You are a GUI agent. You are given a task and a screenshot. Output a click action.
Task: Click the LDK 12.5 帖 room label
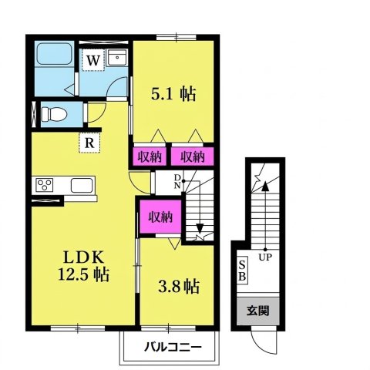point(85,264)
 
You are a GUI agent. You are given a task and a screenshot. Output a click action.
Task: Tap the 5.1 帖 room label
point(172,94)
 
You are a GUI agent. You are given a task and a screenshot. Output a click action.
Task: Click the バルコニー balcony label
point(173,347)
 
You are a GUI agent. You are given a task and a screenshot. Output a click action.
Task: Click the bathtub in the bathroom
point(53,57)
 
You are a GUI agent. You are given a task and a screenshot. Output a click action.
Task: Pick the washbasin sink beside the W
point(117,59)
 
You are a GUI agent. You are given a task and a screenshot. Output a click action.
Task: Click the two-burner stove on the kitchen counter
point(43,186)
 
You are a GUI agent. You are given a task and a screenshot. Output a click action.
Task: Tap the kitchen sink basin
point(81,186)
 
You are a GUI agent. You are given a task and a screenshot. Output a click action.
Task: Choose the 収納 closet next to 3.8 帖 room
point(160,216)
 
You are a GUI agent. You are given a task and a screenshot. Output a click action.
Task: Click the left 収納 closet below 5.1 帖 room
point(150,156)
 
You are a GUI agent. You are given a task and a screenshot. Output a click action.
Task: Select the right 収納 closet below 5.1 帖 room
point(192,156)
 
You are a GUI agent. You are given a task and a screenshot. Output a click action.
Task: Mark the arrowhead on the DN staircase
point(200,228)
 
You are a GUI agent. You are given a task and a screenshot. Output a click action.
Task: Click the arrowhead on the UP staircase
point(264,184)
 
